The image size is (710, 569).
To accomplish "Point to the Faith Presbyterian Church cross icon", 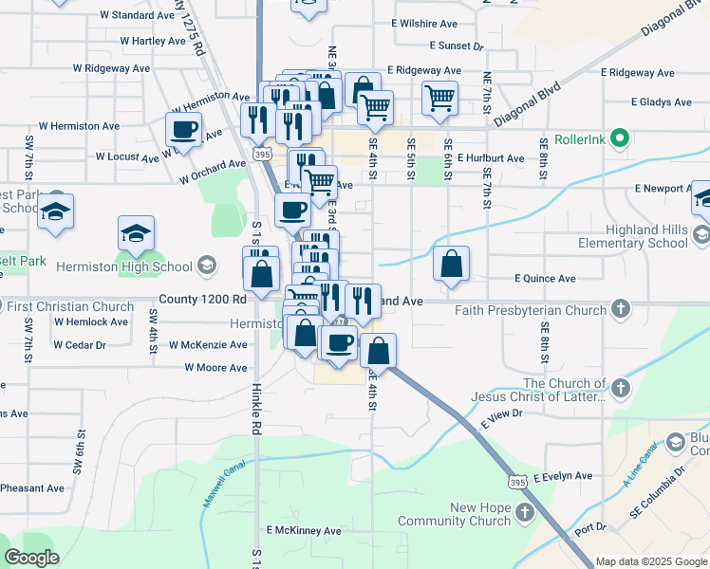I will pyautogui.click(x=620, y=309).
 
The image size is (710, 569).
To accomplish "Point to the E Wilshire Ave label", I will pyautogui.click(x=423, y=23).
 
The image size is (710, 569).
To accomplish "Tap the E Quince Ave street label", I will pyautogui.click(x=545, y=279).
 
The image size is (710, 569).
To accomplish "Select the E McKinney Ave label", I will pyautogui.click(x=303, y=530).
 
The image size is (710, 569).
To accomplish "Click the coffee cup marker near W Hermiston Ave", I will pyautogui.click(x=184, y=129).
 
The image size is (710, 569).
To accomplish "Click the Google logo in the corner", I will pyautogui.click(x=31, y=557).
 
